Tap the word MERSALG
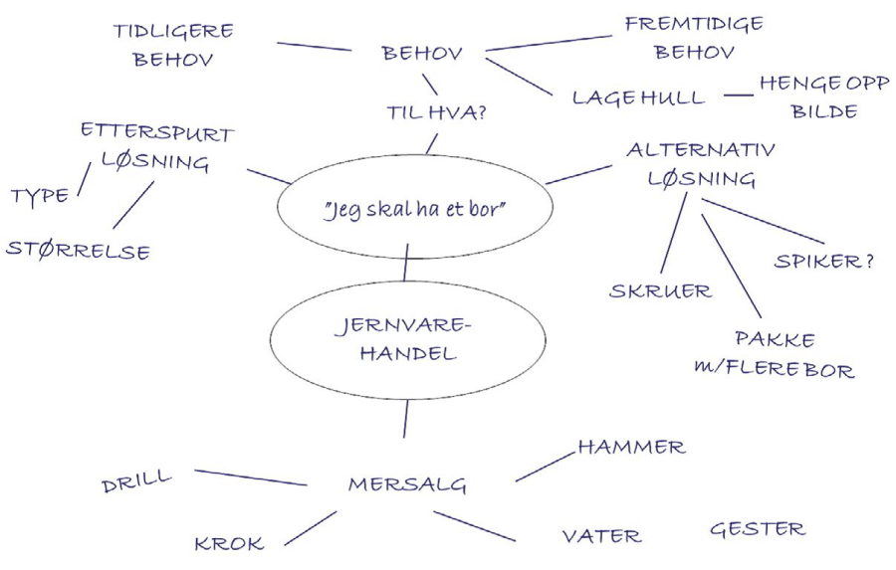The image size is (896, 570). click(407, 484)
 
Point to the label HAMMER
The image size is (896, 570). click(631, 448)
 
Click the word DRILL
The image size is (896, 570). click(136, 482)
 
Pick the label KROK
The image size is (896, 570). click(229, 543)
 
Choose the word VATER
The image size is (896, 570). click(601, 536)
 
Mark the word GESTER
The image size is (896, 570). click(757, 529)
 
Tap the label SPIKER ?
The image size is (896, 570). click(823, 261)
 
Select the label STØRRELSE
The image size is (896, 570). click(78, 249)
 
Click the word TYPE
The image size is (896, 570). click(41, 195)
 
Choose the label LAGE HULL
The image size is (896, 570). click(638, 97)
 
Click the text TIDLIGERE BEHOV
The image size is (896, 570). click(171, 44)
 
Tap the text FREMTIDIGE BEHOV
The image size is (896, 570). click(694, 36)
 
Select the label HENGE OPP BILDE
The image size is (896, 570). click(823, 96)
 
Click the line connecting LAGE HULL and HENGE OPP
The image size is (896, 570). click(738, 95)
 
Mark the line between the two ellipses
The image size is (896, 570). click(407, 264)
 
